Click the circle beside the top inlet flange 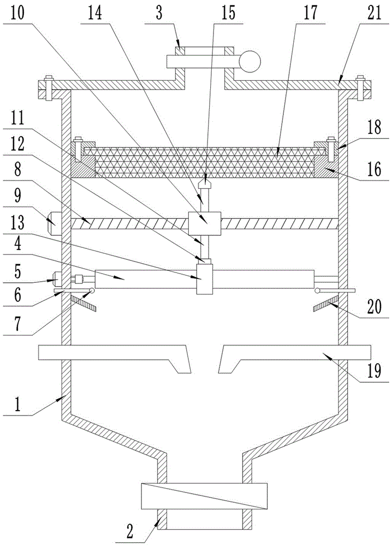tap(250, 61)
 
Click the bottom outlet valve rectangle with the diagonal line tap(204, 497)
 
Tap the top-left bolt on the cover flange tap(47, 86)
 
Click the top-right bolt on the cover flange tap(360, 86)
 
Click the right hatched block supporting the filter tap(326, 168)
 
